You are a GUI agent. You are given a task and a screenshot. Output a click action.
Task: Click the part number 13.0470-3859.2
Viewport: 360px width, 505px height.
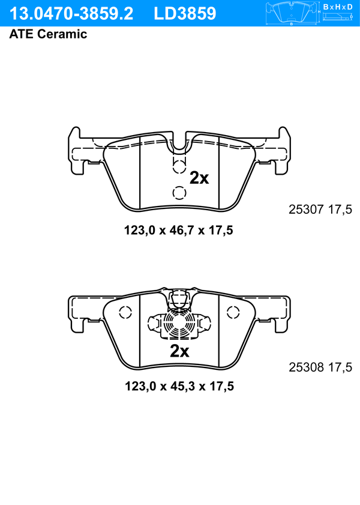(x=71, y=14)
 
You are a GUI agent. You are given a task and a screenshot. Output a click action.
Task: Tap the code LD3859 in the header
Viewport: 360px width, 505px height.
(x=185, y=14)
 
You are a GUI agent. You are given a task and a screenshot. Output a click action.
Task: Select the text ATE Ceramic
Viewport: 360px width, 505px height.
(x=48, y=34)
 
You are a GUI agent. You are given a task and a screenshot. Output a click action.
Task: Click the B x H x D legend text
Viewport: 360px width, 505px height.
(x=338, y=7)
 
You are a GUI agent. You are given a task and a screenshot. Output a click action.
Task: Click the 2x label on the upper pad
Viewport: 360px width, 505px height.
(x=199, y=178)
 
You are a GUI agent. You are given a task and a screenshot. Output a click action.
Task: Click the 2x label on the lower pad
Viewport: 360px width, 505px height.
(x=179, y=351)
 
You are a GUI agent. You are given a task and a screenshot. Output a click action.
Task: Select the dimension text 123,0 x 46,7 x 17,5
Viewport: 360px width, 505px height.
(x=179, y=230)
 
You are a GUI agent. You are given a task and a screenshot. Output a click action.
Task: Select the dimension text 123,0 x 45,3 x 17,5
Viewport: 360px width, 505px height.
(x=179, y=386)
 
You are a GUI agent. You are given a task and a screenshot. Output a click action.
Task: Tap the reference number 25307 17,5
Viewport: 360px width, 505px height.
(x=320, y=210)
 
